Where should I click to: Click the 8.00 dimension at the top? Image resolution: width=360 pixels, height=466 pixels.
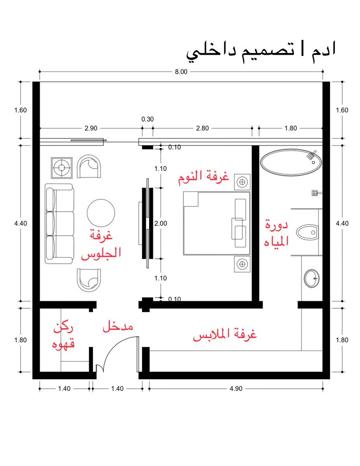click(181, 71)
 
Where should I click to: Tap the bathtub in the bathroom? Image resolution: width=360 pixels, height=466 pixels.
click(291, 163)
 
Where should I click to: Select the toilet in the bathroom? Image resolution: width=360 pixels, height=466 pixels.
click(307, 232)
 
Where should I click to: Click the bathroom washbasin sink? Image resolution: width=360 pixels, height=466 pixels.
click(311, 278)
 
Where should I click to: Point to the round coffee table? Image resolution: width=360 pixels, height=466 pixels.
click(101, 213)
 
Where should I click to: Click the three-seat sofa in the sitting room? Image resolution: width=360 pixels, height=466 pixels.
click(59, 223)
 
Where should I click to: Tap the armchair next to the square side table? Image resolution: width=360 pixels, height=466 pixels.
click(89, 167)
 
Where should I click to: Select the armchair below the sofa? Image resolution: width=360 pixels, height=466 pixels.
click(89, 280)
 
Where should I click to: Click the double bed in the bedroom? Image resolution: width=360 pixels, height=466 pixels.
click(217, 223)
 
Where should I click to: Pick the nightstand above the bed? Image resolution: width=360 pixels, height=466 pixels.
click(242, 182)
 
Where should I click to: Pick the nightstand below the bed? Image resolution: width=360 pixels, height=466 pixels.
click(242, 264)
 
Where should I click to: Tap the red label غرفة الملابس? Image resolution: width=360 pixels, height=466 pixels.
click(225, 335)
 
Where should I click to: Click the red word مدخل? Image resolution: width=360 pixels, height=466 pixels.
click(118, 327)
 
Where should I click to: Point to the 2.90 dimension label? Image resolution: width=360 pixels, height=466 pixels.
click(91, 128)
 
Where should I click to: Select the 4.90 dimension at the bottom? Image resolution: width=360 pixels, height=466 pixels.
click(236, 389)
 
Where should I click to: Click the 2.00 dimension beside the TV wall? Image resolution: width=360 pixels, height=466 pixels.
click(161, 223)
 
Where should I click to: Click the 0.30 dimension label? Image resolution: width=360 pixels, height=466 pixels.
click(148, 119)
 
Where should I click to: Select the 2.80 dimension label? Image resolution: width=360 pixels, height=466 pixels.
click(202, 128)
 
